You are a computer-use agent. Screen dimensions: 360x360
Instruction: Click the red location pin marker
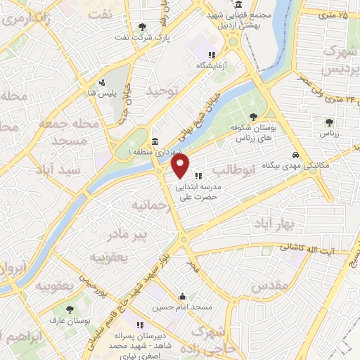click(x=181, y=166)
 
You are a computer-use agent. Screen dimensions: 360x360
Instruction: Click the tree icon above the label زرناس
click(x=326, y=122)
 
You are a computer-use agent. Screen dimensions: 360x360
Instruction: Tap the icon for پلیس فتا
click(x=103, y=82)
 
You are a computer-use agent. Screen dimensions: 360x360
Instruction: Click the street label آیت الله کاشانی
click(x=310, y=247)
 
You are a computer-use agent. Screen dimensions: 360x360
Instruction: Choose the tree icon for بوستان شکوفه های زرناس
click(x=254, y=117)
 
